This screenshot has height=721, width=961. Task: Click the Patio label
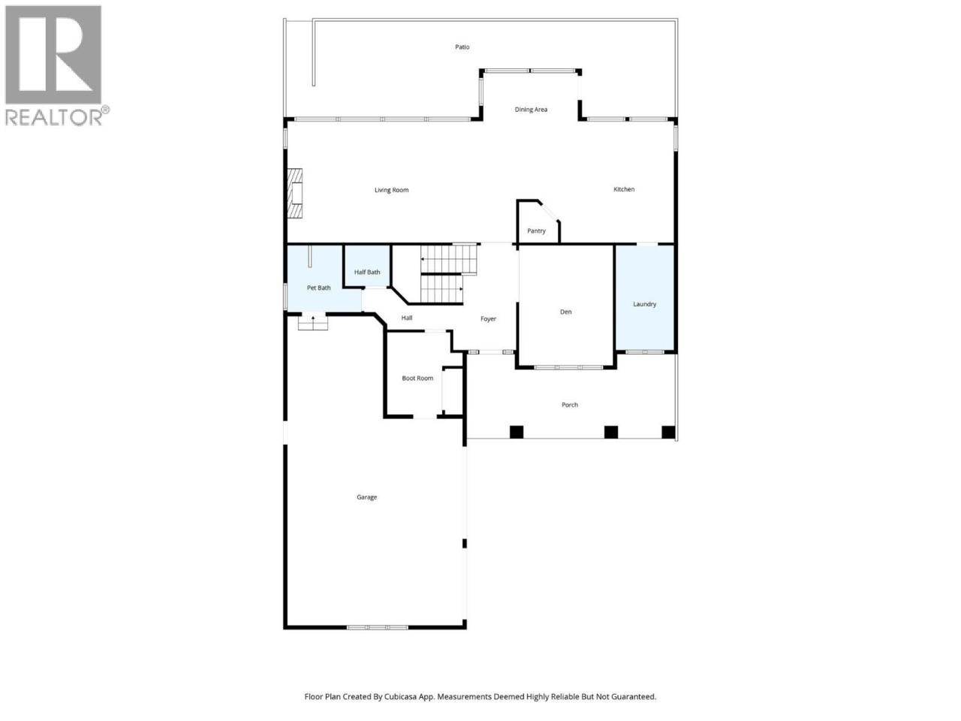462,47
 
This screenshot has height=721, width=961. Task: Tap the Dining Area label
531,110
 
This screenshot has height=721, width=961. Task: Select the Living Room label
391,190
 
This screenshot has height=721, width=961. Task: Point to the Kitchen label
624,189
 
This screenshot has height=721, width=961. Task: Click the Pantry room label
536,231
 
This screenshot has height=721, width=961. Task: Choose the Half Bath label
367,272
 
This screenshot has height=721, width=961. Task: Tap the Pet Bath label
318,288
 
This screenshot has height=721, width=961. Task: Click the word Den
565,312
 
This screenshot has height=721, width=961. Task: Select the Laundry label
644,304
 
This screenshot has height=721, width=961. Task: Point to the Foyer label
488,318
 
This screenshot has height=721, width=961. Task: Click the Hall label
407,318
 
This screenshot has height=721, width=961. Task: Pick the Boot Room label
417,378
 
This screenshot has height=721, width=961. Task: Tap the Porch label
570,405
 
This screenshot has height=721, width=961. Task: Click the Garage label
366,497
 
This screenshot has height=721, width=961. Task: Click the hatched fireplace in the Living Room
294,193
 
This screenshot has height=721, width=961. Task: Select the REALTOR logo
56,65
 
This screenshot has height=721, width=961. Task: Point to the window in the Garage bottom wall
378,627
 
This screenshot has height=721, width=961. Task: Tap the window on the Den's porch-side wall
568,367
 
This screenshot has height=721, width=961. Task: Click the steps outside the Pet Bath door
312,323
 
